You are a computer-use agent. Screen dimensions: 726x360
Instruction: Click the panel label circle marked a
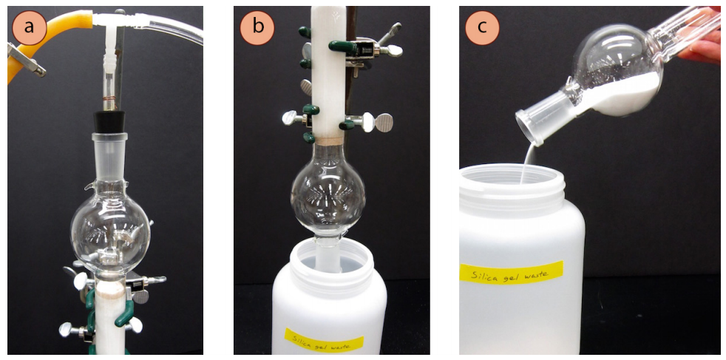[x=29, y=27]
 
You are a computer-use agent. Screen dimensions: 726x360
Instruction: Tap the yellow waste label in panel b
[x=324, y=341]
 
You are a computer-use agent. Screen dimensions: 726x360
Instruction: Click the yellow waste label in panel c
[x=511, y=273]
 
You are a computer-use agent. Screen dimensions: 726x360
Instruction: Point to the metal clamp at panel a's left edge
[x=25, y=59]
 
